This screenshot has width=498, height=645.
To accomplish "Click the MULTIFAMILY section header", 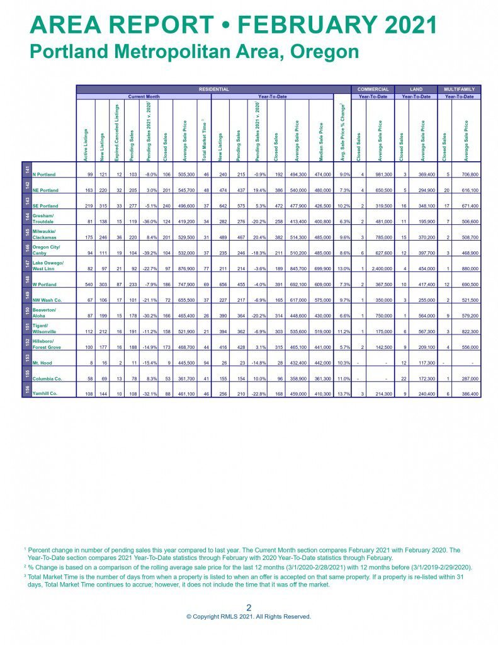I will (x=460, y=89).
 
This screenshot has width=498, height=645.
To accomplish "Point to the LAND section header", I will (x=416, y=89).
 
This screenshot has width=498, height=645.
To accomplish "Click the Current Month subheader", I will (x=144, y=96).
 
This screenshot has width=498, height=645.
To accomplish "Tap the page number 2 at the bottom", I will (x=249, y=608).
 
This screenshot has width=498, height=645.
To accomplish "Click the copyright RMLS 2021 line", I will (x=249, y=617).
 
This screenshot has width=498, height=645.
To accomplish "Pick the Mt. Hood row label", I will (x=43, y=365).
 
